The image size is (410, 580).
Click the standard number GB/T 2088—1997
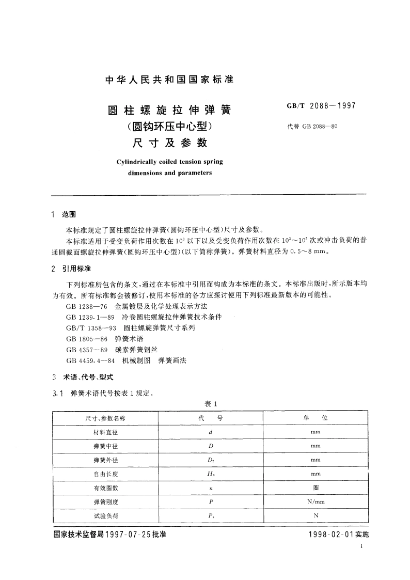(321, 107)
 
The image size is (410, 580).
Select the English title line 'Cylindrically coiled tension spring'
(170, 162)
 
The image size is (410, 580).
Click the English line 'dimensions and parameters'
(170, 173)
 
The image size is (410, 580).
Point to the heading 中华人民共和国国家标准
(169, 80)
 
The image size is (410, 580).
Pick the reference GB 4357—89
(86, 350)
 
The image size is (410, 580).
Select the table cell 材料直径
(105, 432)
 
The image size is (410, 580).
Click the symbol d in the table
(210, 432)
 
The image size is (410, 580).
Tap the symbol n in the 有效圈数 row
(210, 488)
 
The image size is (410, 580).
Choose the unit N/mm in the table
(316, 501)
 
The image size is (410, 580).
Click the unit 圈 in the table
(316, 488)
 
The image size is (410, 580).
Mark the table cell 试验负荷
(105, 515)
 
